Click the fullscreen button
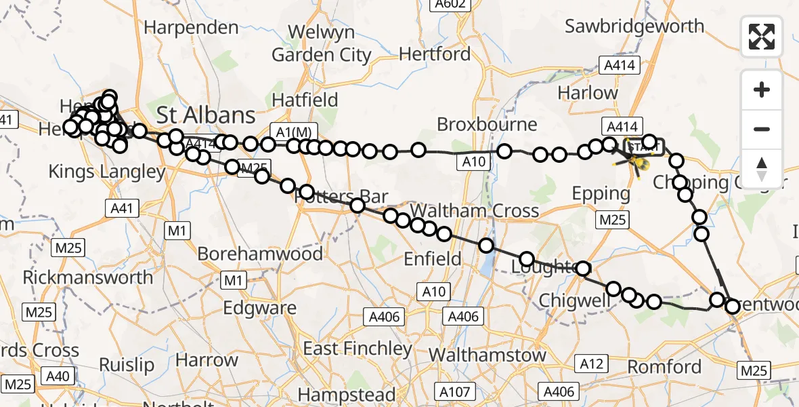point(762,37)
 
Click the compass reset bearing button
point(762,168)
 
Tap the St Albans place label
point(206,114)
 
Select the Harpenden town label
point(192,28)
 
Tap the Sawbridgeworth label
point(634,26)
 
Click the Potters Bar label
point(342,197)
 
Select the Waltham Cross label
point(474,210)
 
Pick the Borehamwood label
point(260,254)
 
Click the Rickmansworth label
point(88,277)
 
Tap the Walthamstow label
point(488,354)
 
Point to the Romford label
point(664,366)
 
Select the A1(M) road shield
point(293,131)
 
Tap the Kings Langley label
point(107,172)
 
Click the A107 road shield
point(454,391)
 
